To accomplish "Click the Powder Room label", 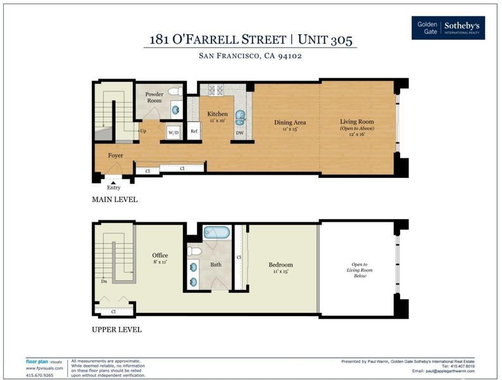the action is [x=154, y=97].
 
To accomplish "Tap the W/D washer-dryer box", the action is [x=173, y=132].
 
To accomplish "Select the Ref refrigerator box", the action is [x=194, y=130].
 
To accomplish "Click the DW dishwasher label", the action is [x=240, y=132].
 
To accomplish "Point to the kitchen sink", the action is [x=240, y=118].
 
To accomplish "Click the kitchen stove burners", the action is [x=216, y=90].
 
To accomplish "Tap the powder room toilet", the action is [x=175, y=91].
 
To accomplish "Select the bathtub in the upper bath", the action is [x=217, y=232].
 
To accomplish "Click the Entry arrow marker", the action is [x=113, y=182].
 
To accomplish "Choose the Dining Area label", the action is [x=290, y=122].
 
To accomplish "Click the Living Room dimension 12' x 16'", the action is [x=357, y=134].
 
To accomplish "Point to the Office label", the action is [x=160, y=255].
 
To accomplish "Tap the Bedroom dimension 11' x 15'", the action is [x=281, y=271].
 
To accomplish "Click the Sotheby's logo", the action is [x=448, y=28].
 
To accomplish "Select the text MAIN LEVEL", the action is [x=115, y=199].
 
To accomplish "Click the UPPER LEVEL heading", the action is [x=116, y=330].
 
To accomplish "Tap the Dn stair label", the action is [x=104, y=281].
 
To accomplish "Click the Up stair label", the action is [x=143, y=131].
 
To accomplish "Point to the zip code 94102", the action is [x=290, y=56].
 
